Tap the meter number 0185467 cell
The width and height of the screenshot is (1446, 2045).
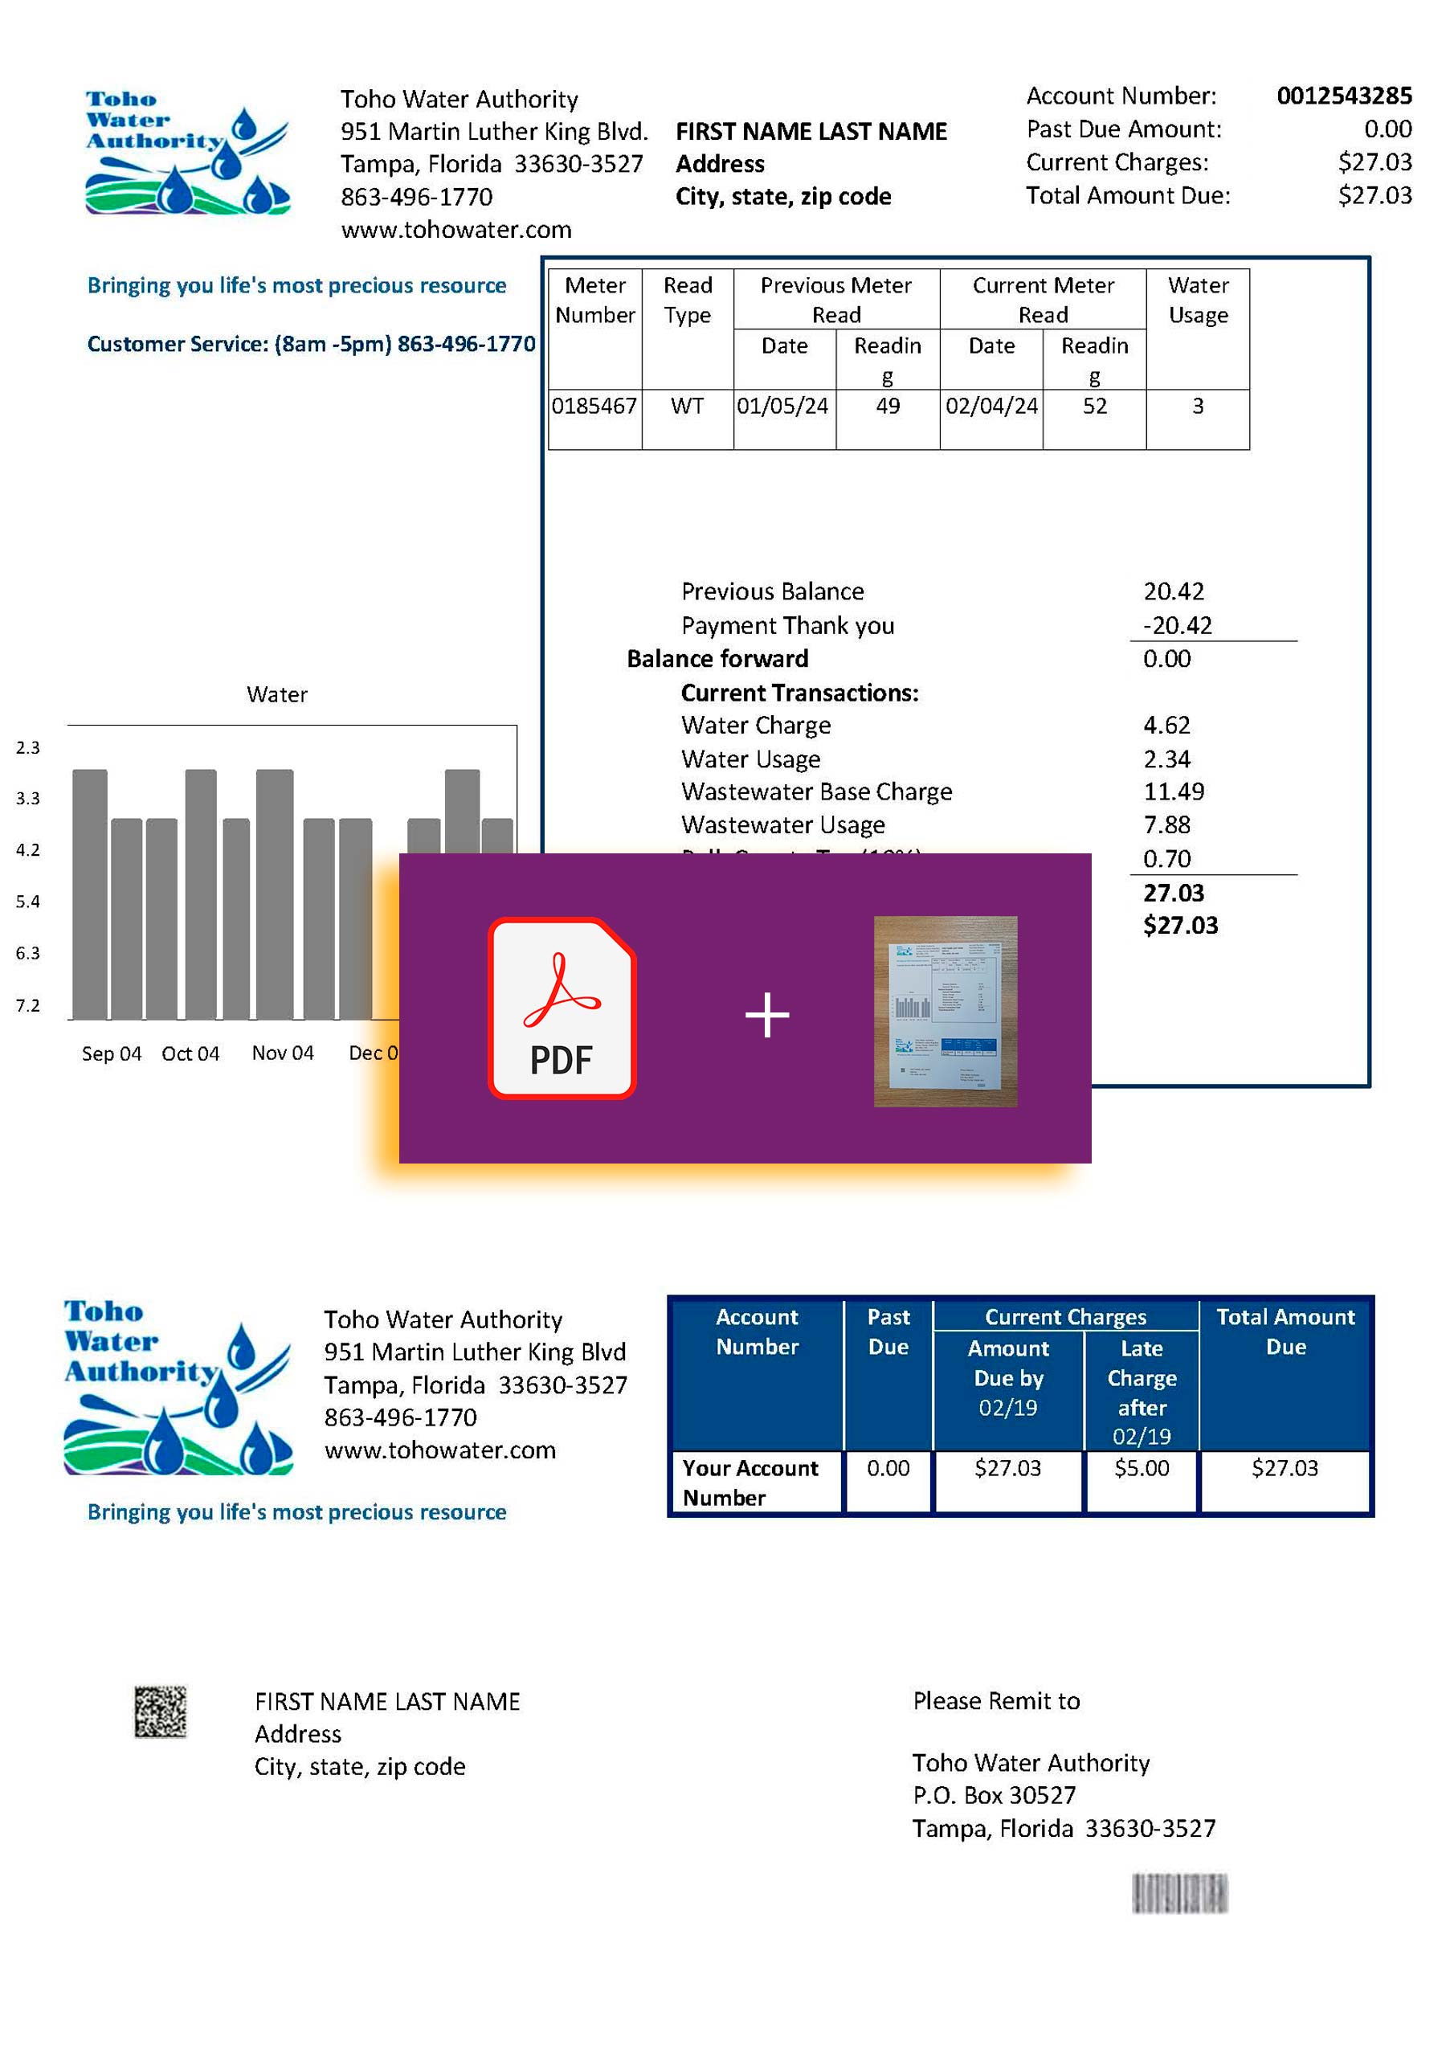594,407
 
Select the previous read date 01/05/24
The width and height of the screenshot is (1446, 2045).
782,407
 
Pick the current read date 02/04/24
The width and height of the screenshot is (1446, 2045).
991,407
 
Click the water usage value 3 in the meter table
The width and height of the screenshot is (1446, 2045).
1198,407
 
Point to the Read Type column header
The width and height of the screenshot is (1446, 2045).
688,301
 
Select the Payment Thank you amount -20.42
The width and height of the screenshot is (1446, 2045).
1177,626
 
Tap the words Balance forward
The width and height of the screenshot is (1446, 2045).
717,659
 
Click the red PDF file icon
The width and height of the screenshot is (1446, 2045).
562,1008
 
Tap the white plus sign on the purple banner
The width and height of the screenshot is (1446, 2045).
766,1016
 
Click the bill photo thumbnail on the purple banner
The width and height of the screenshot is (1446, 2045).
945,1011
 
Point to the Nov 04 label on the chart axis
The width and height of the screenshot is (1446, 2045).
282,1053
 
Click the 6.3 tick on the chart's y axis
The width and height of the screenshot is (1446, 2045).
27,954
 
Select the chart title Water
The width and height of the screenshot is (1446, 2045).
277,695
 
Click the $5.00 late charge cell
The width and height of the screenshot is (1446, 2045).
1142,1469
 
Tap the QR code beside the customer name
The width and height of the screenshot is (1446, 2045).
161,1711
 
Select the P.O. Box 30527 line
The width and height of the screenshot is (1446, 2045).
994,1796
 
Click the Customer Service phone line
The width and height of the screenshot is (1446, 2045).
311,345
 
